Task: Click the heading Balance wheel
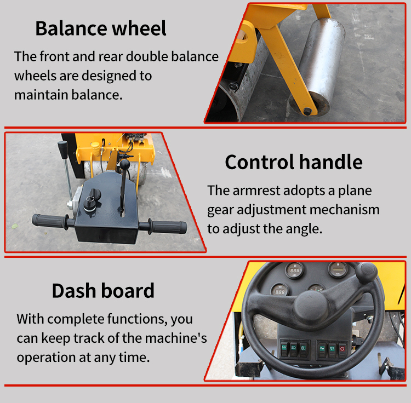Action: (x=101, y=28)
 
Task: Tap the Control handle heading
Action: (x=294, y=162)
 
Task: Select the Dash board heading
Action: (x=103, y=291)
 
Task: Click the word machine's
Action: (x=175, y=338)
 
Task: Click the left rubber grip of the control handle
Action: (x=49, y=221)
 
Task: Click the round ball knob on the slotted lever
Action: (x=125, y=165)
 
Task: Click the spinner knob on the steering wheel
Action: (x=367, y=273)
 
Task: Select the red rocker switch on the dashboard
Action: (x=342, y=349)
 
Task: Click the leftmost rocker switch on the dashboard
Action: (x=284, y=348)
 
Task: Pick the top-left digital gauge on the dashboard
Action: (x=294, y=270)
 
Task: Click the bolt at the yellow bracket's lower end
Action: (x=308, y=111)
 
